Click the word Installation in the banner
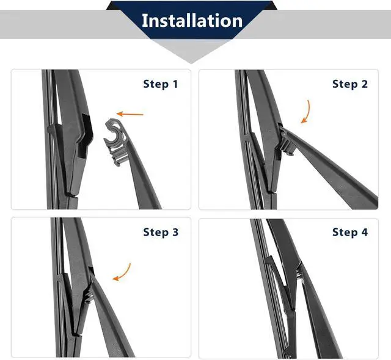point(192,20)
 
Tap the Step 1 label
point(161,84)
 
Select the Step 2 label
point(350,84)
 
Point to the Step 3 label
point(161,232)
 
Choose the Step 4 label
point(350,232)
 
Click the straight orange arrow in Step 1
point(130,114)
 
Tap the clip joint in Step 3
point(89,289)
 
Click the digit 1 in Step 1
point(175,84)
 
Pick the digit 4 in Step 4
point(364,232)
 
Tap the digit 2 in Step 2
point(364,84)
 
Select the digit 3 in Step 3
point(175,232)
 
